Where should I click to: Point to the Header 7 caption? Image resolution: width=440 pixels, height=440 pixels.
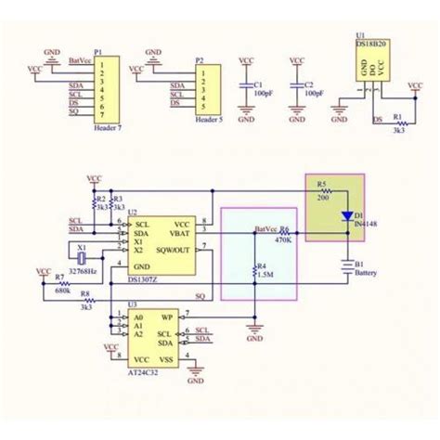pos(111,128)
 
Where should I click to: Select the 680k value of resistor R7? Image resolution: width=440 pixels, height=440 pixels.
pos(62,291)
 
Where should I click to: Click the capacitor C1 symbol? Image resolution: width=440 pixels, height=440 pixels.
pos(246,85)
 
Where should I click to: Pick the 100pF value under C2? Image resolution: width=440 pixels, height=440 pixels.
pos(313,93)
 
